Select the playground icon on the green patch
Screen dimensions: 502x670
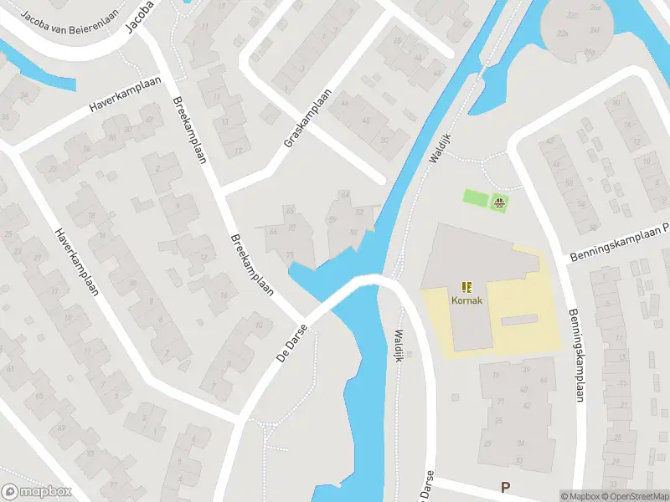[500, 202]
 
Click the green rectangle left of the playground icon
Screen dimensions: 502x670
[476, 198]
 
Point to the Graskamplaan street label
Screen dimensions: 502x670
[308, 119]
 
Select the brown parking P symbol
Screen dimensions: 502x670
[505, 487]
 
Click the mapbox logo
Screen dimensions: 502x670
[36, 491]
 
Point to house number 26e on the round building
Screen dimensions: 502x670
[596, 8]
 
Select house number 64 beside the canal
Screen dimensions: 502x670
[344, 195]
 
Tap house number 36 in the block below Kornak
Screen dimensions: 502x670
[521, 443]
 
